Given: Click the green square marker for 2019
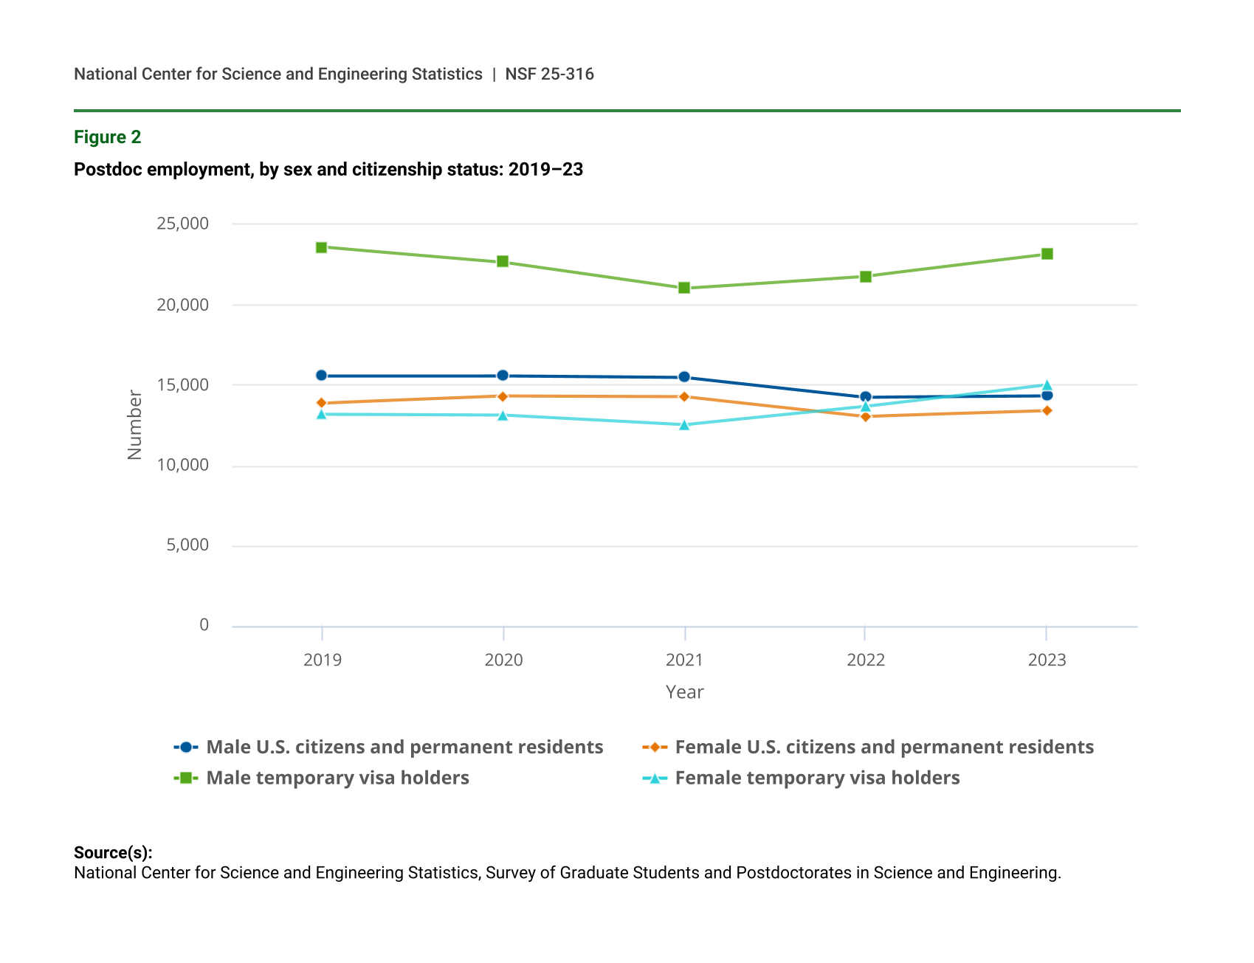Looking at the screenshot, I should point(321,247).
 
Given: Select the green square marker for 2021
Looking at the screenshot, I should point(684,288).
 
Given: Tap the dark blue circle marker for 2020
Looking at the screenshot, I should point(503,376).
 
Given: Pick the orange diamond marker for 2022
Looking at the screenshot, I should point(866,417).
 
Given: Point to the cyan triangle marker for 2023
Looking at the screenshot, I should point(1047,385).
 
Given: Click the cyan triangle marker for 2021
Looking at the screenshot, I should point(684,425).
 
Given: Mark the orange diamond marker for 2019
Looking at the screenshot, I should point(321,403).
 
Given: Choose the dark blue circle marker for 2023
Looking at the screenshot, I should point(1047,396).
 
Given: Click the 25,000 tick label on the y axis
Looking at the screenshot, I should point(182,224).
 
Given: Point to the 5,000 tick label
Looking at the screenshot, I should point(187,545).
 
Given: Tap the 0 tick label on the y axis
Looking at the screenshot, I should point(204,626).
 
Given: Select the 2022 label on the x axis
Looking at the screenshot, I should point(866,660).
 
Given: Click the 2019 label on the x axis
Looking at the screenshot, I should point(323,660).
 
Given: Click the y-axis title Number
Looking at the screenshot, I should point(134,425).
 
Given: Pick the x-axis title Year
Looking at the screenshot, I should point(685,692).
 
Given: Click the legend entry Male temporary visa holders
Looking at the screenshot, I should point(337,778).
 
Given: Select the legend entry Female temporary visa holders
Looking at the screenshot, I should point(817,778).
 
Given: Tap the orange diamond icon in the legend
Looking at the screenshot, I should point(655,747).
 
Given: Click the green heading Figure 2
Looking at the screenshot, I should point(108,137).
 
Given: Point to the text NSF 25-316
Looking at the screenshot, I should point(550,74).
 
